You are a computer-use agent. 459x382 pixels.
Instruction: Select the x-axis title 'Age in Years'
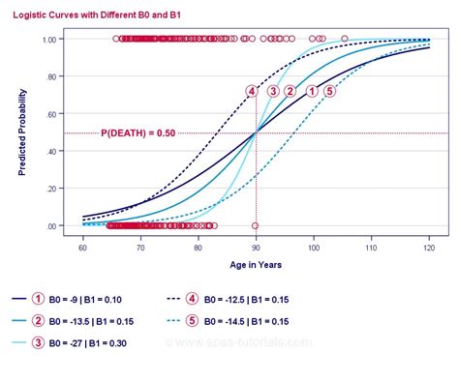[x=255, y=264]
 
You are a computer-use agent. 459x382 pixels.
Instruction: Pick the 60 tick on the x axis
[x=83, y=249]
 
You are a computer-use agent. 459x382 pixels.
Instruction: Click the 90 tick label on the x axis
[x=256, y=249]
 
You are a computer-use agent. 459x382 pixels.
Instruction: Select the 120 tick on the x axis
[x=428, y=249]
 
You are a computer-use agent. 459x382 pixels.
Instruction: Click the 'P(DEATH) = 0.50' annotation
[x=138, y=132]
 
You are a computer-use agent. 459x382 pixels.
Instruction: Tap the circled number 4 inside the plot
[x=252, y=91]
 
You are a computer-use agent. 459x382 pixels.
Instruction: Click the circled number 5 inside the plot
[x=329, y=91]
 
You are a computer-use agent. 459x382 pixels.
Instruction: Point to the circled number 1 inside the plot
[x=312, y=91]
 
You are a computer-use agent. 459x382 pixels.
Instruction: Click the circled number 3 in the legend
[x=38, y=343]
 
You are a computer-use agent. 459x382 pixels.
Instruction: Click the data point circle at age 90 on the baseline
[x=256, y=225]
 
